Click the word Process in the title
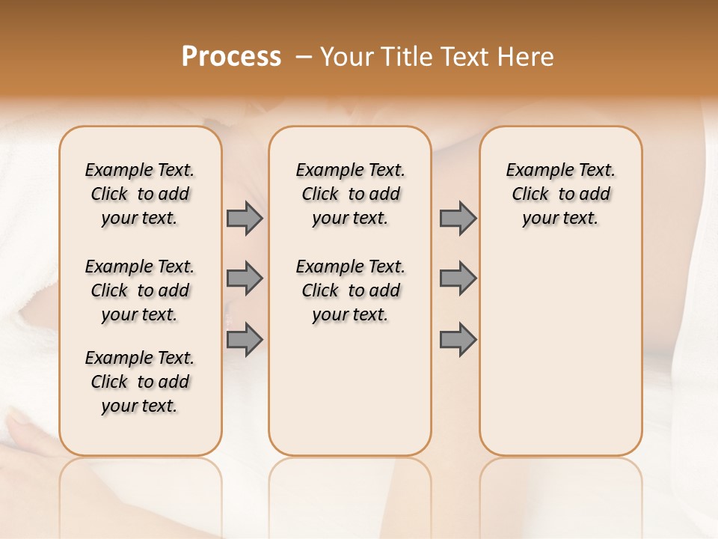pyautogui.click(x=231, y=57)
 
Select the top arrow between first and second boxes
pyautogui.click(x=245, y=219)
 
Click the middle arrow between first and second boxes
pyautogui.click(x=245, y=278)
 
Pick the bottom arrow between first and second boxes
pyautogui.click(x=245, y=339)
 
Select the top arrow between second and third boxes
pyautogui.click(x=458, y=219)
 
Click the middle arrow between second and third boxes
pyautogui.click(x=458, y=278)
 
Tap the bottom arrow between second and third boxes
pyautogui.click(x=458, y=339)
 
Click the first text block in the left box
pyautogui.click(x=140, y=194)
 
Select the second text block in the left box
pyautogui.click(x=140, y=290)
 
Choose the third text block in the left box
pyautogui.click(x=140, y=382)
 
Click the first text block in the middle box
pyautogui.click(x=350, y=194)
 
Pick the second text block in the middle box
pyautogui.click(x=350, y=290)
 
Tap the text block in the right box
pyautogui.click(x=560, y=194)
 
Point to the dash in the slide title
pyautogui.click(x=304, y=57)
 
